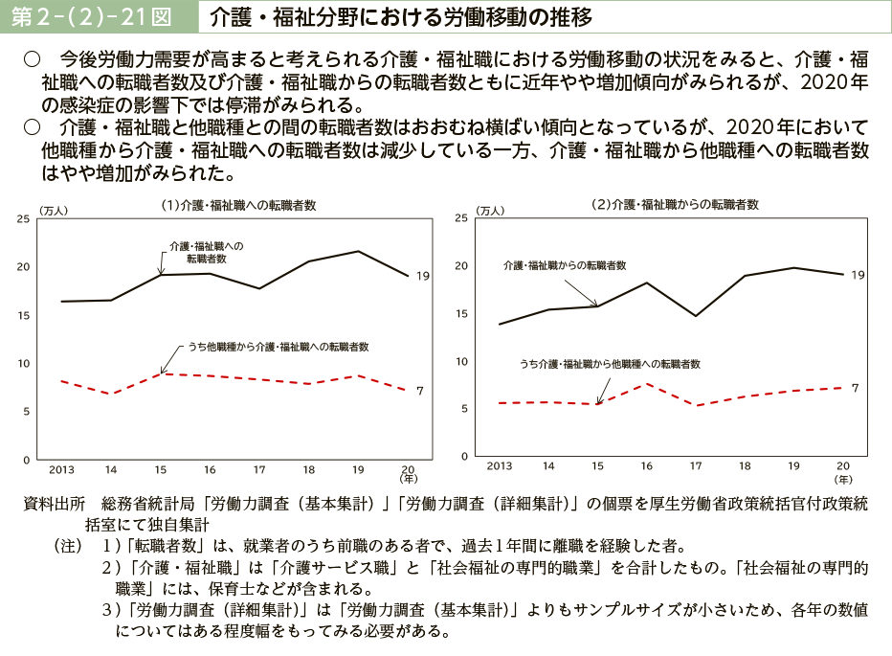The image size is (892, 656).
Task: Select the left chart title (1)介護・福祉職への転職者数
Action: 238,205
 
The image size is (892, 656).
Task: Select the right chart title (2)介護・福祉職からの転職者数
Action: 675,204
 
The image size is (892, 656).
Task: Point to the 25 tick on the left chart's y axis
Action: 23,219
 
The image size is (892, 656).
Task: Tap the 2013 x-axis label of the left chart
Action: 61,470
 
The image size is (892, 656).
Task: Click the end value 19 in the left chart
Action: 423,276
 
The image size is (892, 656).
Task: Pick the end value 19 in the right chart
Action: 858,275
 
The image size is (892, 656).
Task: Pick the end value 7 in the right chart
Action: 855,387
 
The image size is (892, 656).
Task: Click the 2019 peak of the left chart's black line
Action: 358,251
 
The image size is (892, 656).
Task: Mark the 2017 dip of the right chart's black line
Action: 697,315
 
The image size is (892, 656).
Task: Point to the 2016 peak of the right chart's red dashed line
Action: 647,384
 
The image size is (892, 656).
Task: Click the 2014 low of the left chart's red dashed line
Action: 111,394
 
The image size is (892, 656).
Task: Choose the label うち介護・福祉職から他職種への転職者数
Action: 610,364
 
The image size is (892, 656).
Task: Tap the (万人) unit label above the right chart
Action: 489,210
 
